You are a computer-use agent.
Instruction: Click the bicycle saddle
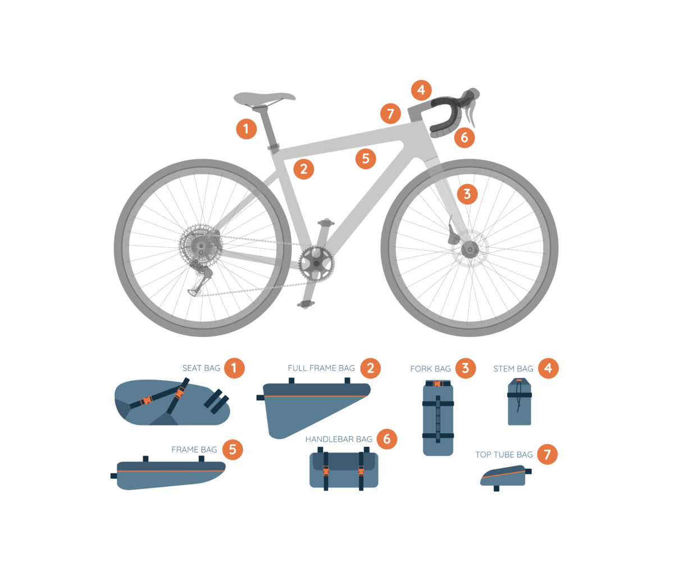tap(263, 98)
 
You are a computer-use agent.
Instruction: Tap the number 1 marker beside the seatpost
tap(246, 129)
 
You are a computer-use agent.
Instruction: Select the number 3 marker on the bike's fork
tap(467, 194)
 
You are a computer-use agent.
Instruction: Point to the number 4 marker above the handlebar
tap(421, 90)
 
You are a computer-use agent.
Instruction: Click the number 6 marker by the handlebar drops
tap(464, 137)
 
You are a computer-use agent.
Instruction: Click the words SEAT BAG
tap(201, 368)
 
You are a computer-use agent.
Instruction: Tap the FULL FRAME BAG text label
tap(321, 368)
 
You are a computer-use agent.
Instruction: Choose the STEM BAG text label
tap(513, 369)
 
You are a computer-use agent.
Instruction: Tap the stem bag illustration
tap(519, 402)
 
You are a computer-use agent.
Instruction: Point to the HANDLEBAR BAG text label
tap(339, 439)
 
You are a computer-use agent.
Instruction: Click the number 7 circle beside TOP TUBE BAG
tap(547, 454)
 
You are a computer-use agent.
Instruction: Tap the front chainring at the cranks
tap(316, 262)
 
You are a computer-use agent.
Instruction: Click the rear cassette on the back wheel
tap(200, 245)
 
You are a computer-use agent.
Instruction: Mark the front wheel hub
tap(468, 248)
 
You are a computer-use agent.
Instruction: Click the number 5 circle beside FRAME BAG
tap(233, 450)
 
